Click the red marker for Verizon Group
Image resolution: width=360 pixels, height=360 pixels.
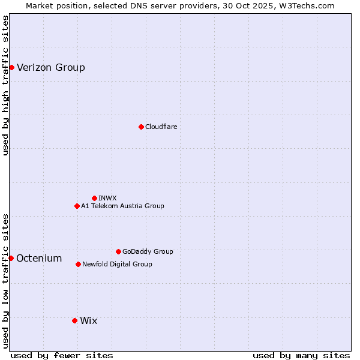pyautogui.click(x=11, y=67)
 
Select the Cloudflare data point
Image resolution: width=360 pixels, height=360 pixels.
pyautogui.click(x=141, y=127)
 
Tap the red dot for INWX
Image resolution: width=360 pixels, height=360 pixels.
pyautogui.click(x=94, y=198)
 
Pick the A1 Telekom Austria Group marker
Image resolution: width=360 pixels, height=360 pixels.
pyautogui.click(x=77, y=206)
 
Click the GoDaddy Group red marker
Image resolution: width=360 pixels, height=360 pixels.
pyautogui.click(x=118, y=251)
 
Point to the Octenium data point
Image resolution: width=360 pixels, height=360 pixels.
pyautogui.click(x=11, y=258)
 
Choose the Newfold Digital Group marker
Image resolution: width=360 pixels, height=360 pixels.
pyautogui.click(x=78, y=264)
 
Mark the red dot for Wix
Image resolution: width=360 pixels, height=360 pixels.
pyautogui.click(x=74, y=320)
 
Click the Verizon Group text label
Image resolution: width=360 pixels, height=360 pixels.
pyautogui.click(x=51, y=67)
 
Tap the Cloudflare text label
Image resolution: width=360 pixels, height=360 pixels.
pyautogui.click(x=161, y=127)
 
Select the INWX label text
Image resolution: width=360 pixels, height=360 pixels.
pyautogui.click(x=107, y=198)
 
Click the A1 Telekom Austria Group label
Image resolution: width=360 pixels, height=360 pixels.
pyautogui.click(x=122, y=206)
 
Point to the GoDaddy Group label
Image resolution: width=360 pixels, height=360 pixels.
pyautogui.click(x=148, y=251)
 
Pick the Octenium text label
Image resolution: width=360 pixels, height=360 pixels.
pyautogui.click(x=39, y=258)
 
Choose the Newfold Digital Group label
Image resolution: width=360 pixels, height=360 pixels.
pyautogui.click(x=117, y=264)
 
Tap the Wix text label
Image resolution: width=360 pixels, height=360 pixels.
pyautogui.click(x=88, y=320)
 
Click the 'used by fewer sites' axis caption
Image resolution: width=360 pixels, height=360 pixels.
pyautogui.click(x=62, y=355)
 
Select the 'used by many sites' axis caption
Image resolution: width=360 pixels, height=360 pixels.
pyautogui.click(x=301, y=355)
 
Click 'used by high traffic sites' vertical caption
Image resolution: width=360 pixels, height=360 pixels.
pyautogui.click(x=5, y=85)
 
